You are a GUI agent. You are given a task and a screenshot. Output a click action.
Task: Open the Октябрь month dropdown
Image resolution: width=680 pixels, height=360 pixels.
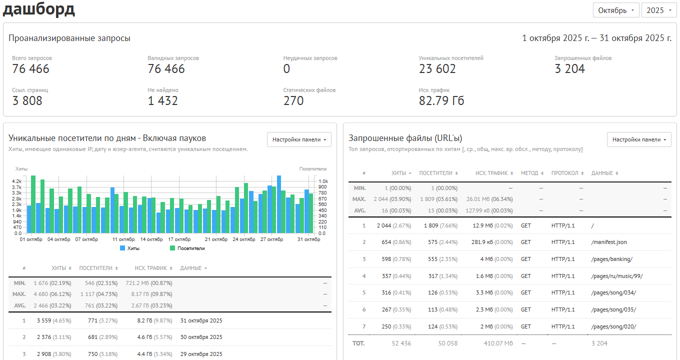(616, 10)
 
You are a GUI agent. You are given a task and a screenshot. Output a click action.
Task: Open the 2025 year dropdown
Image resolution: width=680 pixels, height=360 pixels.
(659, 10)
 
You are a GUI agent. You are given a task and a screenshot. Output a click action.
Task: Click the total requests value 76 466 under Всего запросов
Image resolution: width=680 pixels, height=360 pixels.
(30, 69)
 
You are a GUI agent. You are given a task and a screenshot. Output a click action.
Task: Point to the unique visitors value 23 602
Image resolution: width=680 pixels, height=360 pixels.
(437, 69)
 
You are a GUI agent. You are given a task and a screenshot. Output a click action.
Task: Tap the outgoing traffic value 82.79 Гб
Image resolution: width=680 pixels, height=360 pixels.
(441, 101)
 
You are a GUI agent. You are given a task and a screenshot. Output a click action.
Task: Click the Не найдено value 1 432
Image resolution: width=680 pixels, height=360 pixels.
(162, 101)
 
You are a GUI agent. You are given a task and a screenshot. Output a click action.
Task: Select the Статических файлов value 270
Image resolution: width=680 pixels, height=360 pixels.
(293, 101)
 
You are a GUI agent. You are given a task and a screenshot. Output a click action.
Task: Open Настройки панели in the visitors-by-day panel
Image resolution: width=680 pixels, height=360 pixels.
(299, 139)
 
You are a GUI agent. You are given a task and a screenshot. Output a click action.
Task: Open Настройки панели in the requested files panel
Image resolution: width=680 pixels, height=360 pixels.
(639, 139)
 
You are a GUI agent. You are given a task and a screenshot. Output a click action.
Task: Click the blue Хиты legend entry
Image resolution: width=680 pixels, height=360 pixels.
(130, 248)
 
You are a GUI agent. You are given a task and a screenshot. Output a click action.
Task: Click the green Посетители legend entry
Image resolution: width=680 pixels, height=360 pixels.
(187, 248)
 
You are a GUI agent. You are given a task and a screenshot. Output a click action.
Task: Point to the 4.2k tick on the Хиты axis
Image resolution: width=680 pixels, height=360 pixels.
(17, 181)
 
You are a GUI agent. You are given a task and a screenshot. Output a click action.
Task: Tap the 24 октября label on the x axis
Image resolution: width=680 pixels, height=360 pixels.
(244, 239)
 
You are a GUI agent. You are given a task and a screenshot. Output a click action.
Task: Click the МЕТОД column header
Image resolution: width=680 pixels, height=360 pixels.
(532, 173)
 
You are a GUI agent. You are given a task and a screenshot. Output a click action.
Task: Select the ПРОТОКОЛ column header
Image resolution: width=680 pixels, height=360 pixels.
(567, 173)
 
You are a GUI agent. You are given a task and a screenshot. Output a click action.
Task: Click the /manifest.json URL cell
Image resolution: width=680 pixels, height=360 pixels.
(609, 242)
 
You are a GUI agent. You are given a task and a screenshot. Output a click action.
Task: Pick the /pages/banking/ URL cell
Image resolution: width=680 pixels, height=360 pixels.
(611, 259)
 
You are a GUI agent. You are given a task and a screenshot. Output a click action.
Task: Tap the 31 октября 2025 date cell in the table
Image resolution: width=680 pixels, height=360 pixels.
(201, 320)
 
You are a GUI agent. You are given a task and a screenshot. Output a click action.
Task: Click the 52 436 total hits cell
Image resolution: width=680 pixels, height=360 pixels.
(401, 343)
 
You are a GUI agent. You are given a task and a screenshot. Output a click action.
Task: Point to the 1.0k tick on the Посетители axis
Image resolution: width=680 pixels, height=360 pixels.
(323, 181)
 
